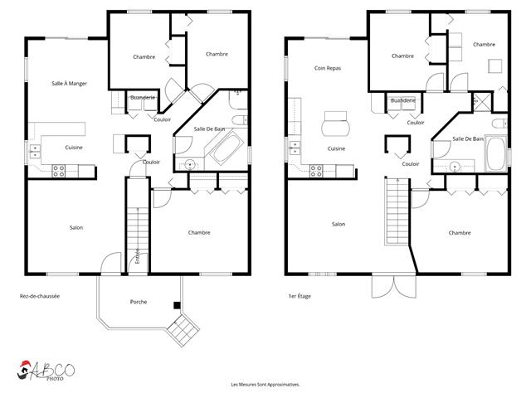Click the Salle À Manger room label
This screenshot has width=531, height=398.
pyautogui.click(x=69, y=84)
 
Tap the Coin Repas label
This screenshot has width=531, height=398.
pyautogui.click(x=328, y=69)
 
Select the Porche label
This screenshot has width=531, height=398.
pyautogui.click(x=139, y=302)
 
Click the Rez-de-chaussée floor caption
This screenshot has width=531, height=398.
pyautogui.click(x=40, y=296)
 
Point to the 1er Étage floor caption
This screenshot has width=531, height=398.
pyautogui.click(x=299, y=296)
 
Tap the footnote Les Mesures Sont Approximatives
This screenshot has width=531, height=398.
pyautogui.click(x=265, y=385)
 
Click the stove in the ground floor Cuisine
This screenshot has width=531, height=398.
pyautogui.click(x=60, y=171)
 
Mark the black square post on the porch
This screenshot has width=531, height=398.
pyautogui.click(x=176, y=305)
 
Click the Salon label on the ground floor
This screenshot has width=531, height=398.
pyautogui.click(x=76, y=227)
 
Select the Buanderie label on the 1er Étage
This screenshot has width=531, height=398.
pyautogui.click(x=402, y=100)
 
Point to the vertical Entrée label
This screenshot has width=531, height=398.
pyautogui.click(x=137, y=257)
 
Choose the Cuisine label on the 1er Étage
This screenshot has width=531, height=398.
pyautogui.click(x=336, y=148)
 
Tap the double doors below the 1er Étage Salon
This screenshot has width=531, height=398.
pyautogui.click(x=384, y=286)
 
